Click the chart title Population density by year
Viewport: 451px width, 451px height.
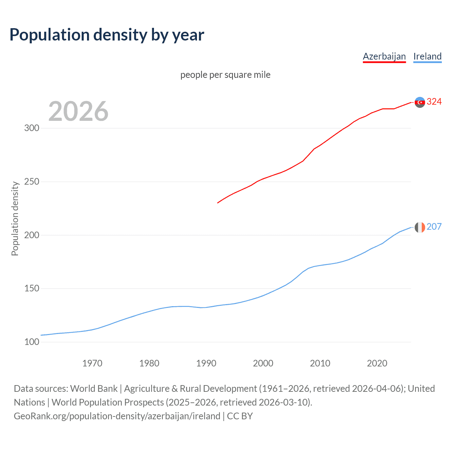(x=107, y=35)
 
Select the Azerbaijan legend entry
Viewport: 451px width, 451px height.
(x=384, y=56)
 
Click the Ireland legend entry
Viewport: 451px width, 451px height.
(x=427, y=56)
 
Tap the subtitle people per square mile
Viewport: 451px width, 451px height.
(x=225, y=75)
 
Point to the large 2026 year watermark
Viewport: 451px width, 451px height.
(x=78, y=111)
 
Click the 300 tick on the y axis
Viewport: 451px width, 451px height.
(x=32, y=128)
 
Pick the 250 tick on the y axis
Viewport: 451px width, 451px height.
(x=32, y=181)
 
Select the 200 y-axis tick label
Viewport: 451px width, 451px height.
(x=32, y=235)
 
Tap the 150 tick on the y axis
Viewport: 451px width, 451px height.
(x=32, y=289)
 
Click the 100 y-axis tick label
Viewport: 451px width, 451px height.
(x=32, y=342)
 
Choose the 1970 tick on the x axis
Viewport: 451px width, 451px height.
(x=92, y=363)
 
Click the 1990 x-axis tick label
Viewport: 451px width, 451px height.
(x=206, y=363)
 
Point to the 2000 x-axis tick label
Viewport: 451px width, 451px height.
(x=263, y=363)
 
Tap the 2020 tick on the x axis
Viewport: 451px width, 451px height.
(x=377, y=363)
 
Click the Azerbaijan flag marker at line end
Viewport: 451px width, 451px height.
(x=420, y=102)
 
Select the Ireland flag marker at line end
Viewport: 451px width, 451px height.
(x=420, y=227)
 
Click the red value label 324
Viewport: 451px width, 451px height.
(x=434, y=102)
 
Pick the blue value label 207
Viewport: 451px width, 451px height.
(x=434, y=227)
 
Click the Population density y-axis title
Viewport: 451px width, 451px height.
(x=15, y=218)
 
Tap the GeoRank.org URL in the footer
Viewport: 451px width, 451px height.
(x=117, y=416)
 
